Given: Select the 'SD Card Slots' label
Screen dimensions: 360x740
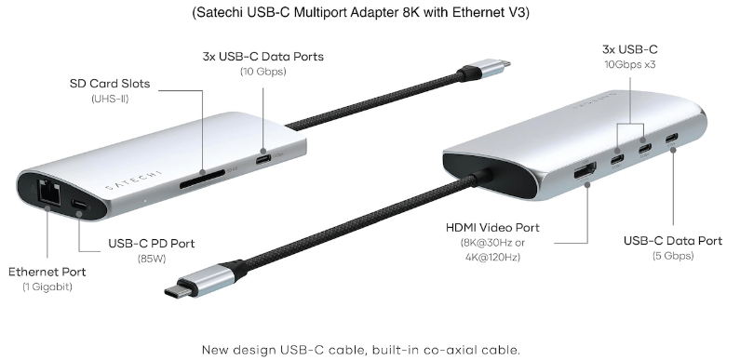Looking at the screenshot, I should (x=110, y=84).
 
